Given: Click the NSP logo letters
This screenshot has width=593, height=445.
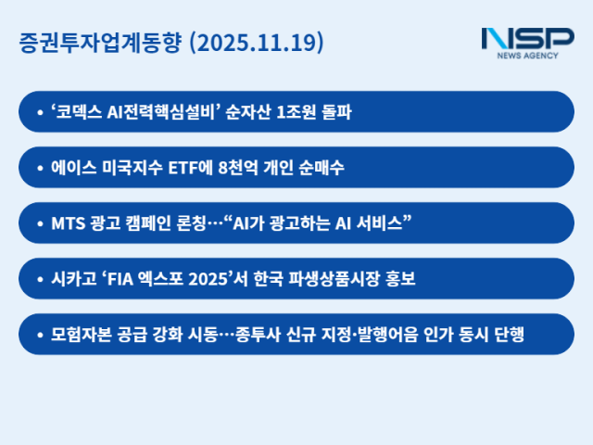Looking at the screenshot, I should point(527,39).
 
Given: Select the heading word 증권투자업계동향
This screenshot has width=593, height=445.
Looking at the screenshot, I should point(100,43).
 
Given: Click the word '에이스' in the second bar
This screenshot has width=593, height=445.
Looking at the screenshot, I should point(72,167).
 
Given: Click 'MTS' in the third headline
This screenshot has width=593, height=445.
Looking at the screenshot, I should point(66,222).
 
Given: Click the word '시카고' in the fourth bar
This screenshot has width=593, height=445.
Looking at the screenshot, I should point(72,278).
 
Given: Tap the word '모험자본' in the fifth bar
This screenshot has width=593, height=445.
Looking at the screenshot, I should point(79,334).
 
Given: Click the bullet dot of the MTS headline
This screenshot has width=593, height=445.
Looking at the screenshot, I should point(39,223).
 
